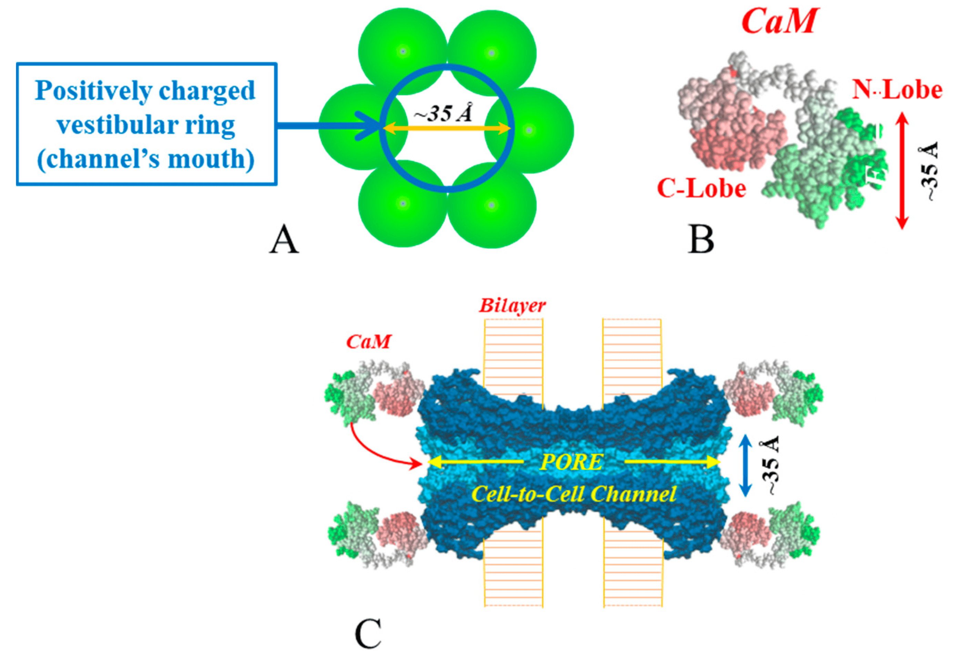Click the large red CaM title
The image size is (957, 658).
point(779,21)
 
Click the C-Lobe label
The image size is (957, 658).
point(701,188)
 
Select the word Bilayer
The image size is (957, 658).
point(512,306)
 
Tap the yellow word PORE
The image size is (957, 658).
point(571,462)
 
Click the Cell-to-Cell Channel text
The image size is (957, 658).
point(573,493)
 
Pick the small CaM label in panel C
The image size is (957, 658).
point(368,342)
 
